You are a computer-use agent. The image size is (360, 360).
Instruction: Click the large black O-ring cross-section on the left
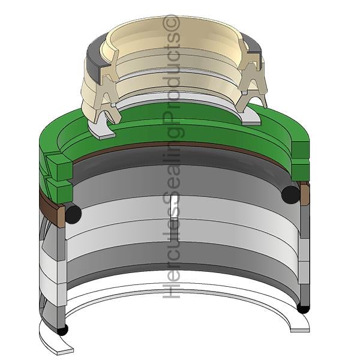coord(73,214)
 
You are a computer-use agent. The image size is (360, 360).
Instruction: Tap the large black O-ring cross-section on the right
coord(290,195)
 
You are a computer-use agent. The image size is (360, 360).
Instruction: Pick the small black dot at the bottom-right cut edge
coord(303,309)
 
